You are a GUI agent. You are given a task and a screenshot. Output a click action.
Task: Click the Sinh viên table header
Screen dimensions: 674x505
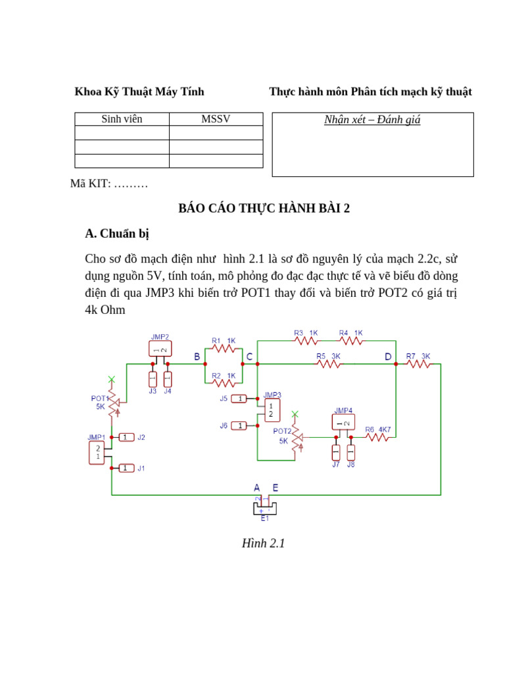point(122,119)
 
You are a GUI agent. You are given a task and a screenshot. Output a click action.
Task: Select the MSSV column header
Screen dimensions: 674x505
point(216,119)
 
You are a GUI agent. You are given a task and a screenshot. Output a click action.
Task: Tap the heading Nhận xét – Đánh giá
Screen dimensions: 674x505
point(372,120)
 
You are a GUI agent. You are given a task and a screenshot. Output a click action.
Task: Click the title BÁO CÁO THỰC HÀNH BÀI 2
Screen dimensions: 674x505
point(264,209)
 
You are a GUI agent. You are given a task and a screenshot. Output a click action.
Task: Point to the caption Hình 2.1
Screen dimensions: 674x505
point(263,544)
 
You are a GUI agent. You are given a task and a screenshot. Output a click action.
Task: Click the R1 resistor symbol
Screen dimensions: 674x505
point(224,349)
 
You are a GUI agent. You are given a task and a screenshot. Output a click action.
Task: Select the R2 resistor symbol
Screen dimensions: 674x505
point(224,382)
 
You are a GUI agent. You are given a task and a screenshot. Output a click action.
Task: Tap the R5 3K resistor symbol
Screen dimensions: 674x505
point(329,364)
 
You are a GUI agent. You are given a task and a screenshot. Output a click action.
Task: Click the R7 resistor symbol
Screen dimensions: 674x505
point(418,364)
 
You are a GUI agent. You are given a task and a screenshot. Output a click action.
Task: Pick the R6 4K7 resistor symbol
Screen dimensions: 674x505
point(377,437)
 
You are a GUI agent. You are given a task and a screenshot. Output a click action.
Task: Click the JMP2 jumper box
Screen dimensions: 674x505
point(160,349)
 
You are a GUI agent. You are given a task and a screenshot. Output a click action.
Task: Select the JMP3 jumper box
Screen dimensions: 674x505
point(272,410)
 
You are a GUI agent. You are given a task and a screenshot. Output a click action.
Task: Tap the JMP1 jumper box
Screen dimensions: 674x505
point(97,453)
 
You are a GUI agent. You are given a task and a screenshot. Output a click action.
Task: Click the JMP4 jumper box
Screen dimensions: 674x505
point(343,422)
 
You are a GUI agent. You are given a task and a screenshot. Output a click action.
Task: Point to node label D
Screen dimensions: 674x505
point(388,357)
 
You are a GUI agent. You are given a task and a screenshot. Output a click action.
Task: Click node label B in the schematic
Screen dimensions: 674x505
point(197,357)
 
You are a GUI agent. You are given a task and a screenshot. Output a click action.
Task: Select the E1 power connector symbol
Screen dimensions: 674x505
point(265,508)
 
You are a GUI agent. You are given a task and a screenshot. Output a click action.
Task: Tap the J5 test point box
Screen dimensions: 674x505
point(239,399)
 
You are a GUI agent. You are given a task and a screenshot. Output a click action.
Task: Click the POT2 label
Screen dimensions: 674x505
point(281,431)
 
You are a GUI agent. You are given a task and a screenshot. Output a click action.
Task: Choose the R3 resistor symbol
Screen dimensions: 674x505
point(306,341)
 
